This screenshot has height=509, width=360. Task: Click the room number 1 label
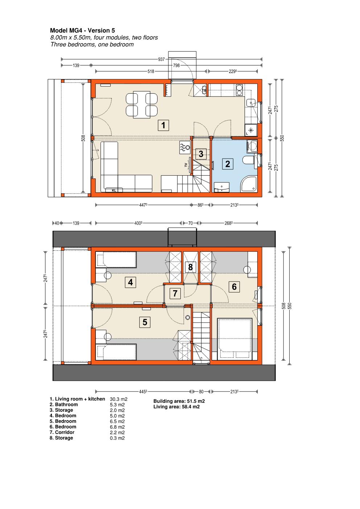pos(163,125)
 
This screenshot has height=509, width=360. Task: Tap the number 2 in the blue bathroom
pos(228,164)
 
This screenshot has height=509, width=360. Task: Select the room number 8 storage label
pos(191,267)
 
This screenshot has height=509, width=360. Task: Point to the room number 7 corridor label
pos(175,293)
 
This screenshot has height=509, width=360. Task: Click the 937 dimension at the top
pos(161,59)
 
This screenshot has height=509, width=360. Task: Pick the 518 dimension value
pos(151,71)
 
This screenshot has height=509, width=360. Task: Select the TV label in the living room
pos(186,165)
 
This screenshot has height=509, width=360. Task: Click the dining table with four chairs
pos(142,105)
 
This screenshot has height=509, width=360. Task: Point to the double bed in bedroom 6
pos(235,339)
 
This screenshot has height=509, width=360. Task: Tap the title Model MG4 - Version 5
pos(82,30)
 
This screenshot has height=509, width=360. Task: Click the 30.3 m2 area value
pos(119,399)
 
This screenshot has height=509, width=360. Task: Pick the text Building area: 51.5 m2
pos(179,401)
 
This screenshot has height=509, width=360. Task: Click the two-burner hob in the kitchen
pos(239,90)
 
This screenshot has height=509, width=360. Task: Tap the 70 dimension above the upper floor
pos(191,223)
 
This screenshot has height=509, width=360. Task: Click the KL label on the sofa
pos(114,190)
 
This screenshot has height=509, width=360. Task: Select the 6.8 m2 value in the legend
pos(117,427)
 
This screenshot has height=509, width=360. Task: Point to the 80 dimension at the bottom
pos(201,391)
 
